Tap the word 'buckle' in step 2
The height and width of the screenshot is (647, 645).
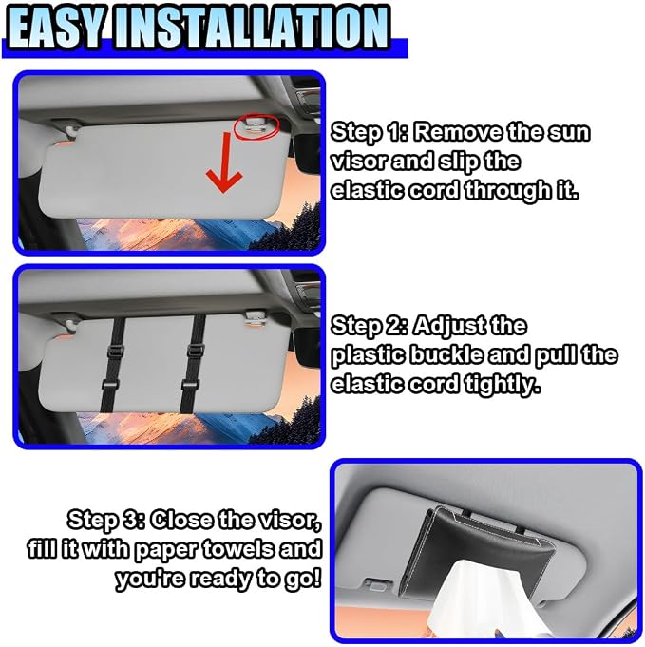446,355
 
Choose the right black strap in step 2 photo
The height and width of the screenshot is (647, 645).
194,364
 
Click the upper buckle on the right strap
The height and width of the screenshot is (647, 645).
195,350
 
